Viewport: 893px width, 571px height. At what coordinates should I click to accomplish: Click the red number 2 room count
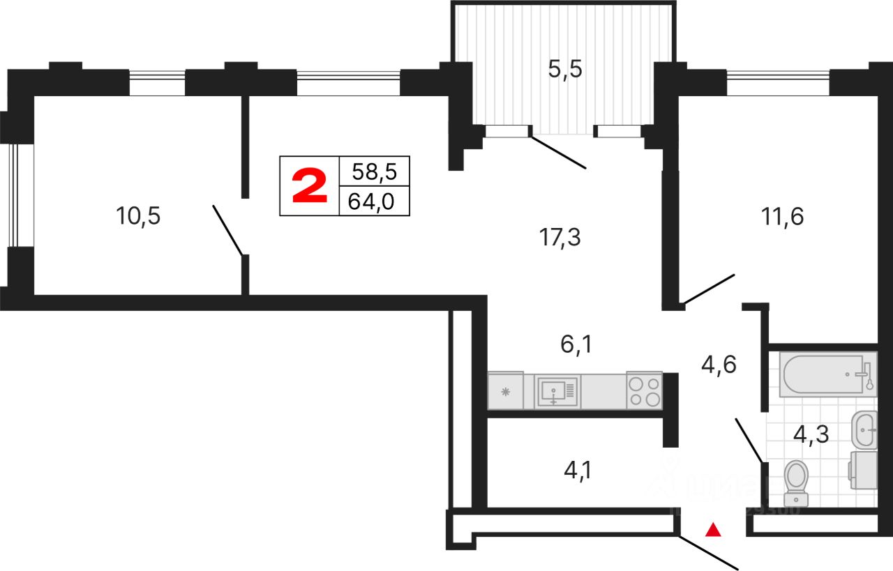(x=309, y=186)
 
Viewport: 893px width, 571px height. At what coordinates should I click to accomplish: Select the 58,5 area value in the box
(x=374, y=172)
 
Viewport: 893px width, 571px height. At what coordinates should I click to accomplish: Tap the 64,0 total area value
(x=374, y=201)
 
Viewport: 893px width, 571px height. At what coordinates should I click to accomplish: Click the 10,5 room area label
(x=139, y=217)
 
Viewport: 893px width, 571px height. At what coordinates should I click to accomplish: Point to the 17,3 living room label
(x=560, y=238)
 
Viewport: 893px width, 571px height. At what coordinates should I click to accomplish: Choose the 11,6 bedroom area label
(x=782, y=217)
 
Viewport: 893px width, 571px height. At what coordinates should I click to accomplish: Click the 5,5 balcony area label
(x=565, y=70)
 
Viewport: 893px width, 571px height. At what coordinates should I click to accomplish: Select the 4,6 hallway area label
(x=719, y=365)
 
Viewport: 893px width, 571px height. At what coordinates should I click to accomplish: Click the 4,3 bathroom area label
(x=811, y=434)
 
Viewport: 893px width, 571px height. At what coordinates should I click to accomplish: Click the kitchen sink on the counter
(x=556, y=391)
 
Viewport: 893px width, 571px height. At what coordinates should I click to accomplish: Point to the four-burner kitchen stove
(x=643, y=391)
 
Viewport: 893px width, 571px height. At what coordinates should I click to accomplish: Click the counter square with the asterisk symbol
(x=509, y=392)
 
